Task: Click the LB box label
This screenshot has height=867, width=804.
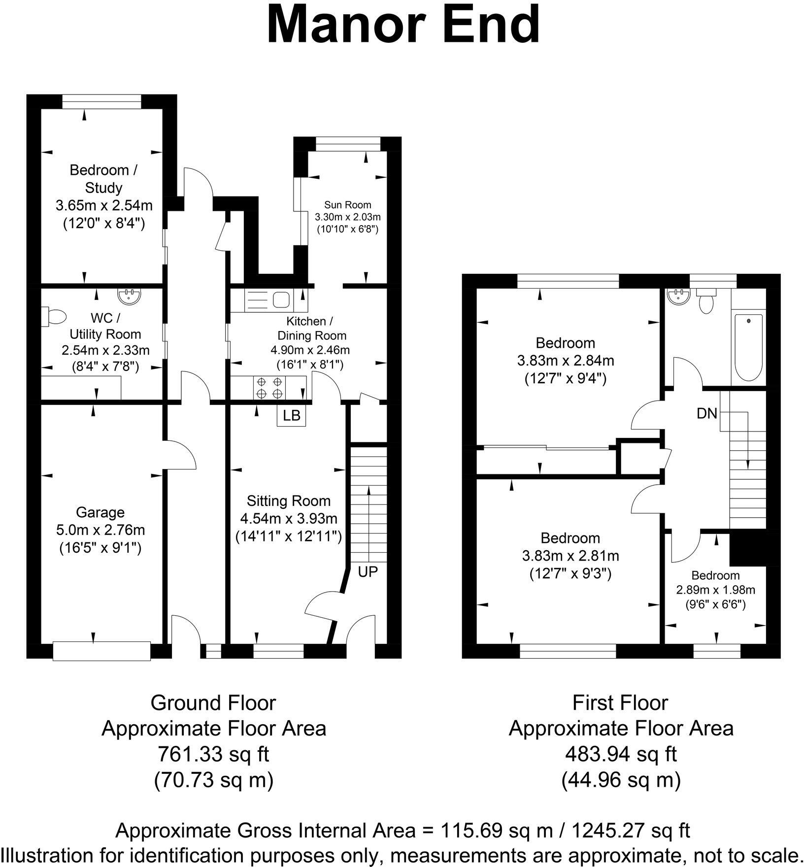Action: (292, 415)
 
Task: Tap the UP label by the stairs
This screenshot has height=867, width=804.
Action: (368, 571)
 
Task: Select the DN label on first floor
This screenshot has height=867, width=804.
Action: (707, 414)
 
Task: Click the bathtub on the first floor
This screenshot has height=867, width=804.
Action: (748, 347)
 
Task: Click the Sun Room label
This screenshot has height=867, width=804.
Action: (348, 204)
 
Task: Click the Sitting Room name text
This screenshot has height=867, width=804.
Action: (289, 501)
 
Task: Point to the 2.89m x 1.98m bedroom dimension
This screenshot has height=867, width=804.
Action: (715, 590)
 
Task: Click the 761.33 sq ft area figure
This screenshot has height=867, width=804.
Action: (213, 754)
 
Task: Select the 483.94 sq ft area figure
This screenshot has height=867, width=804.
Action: (621, 754)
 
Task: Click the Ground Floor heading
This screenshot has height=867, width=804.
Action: (213, 703)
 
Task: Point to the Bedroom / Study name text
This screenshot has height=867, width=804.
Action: (103, 179)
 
